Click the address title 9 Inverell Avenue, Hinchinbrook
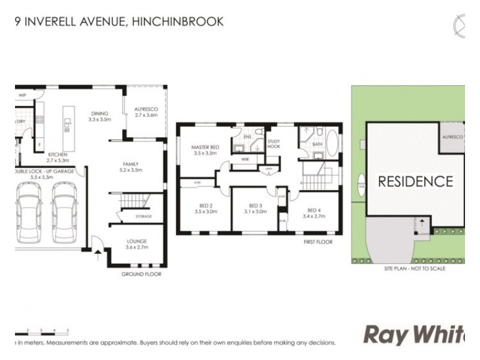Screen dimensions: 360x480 pyautogui.click(x=119, y=22)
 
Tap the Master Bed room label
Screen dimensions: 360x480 pyautogui.click(x=203, y=150)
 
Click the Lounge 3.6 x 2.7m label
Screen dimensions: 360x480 pyautogui.click(x=136, y=244)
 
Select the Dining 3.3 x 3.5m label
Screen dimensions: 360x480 pyautogui.click(x=100, y=116)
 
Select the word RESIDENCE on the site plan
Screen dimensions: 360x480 pyautogui.click(x=415, y=181)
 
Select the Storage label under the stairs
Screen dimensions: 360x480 pyautogui.click(x=142, y=216)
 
